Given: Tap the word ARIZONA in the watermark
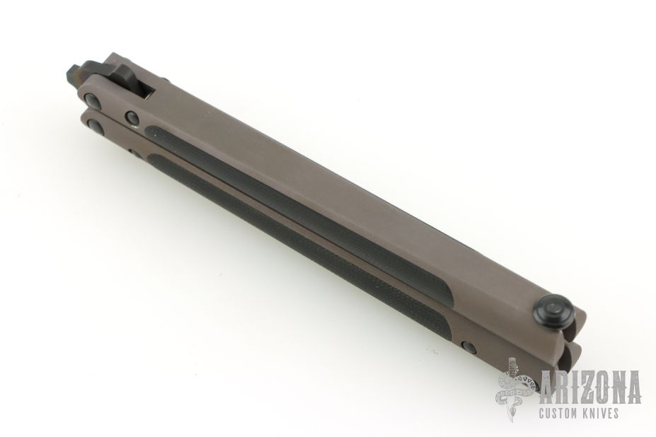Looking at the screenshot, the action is pyautogui.click(x=591, y=387).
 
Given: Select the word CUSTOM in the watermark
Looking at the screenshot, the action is pyautogui.click(x=560, y=414).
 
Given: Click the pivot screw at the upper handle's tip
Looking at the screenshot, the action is pyautogui.click(x=92, y=100).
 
